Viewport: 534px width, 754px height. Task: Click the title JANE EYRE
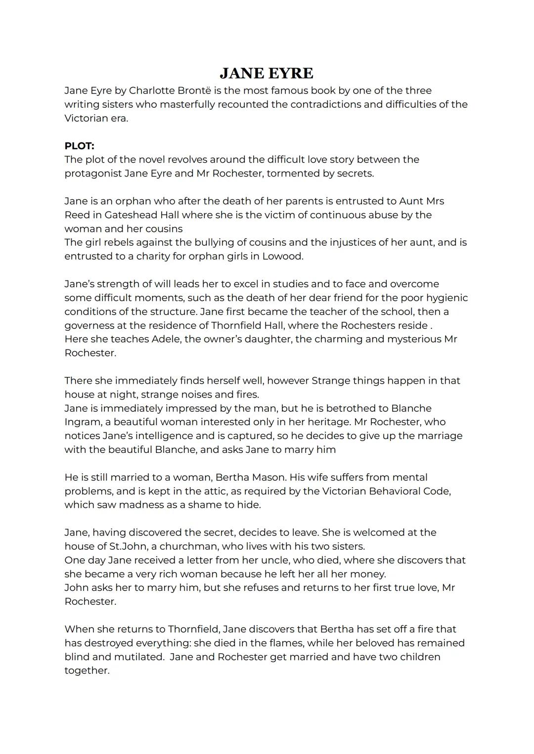tap(267, 73)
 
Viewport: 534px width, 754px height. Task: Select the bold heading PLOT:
tap(79, 146)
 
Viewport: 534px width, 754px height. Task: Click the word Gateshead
tap(132, 215)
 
